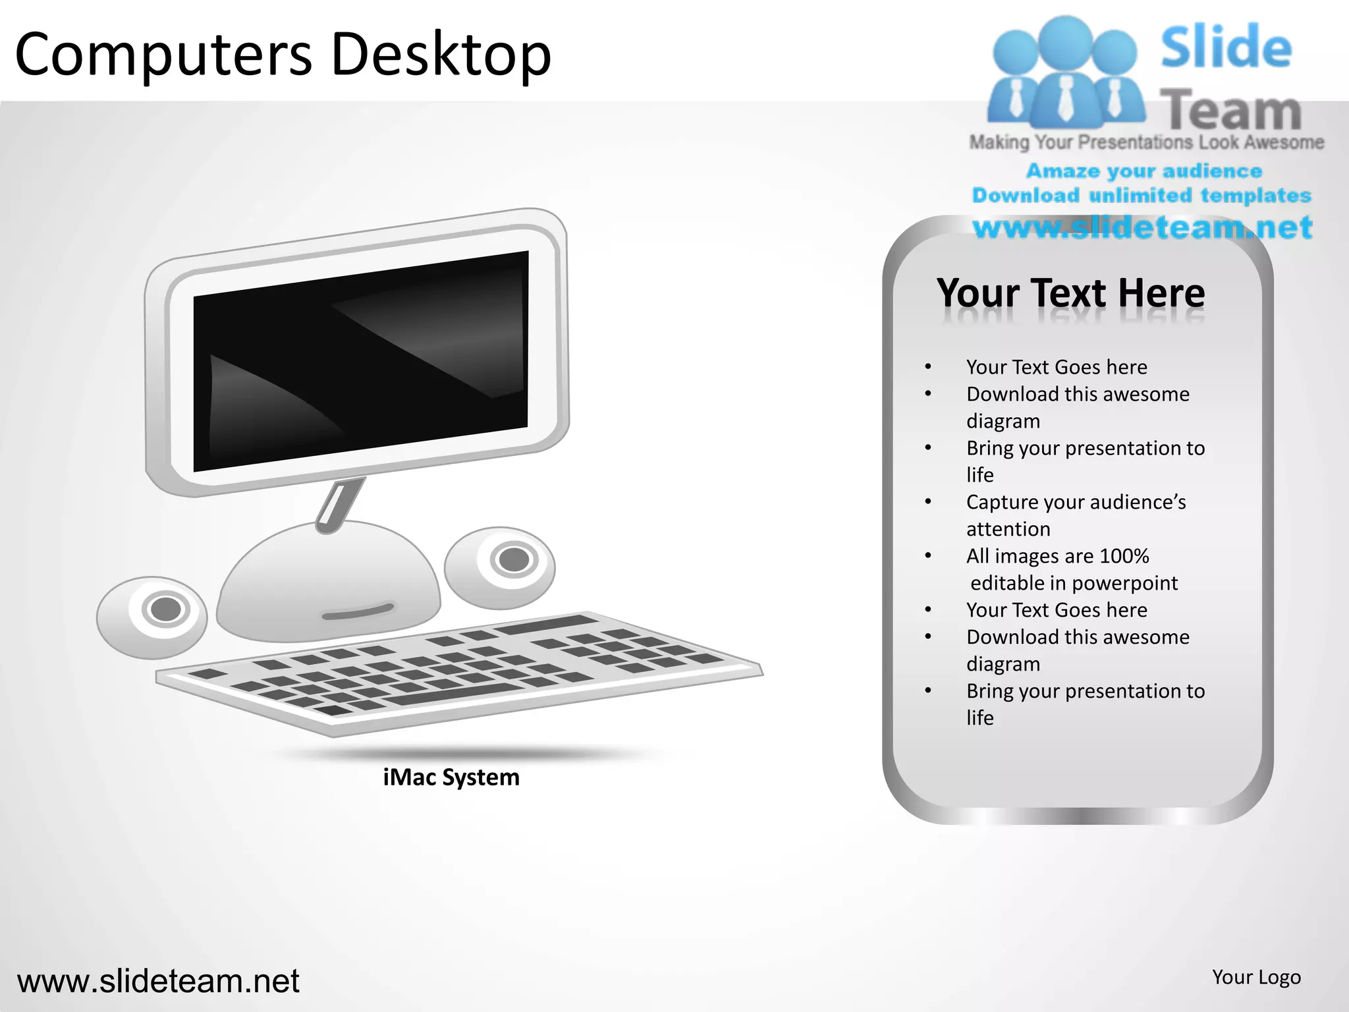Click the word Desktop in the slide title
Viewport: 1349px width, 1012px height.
(441, 54)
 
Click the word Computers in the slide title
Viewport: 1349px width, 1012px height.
(163, 54)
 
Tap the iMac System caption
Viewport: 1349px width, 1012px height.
(451, 777)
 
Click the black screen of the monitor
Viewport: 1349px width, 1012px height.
(361, 361)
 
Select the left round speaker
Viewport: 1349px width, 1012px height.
(152, 617)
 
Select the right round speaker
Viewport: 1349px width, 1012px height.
(500, 567)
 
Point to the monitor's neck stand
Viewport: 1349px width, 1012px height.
(340, 504)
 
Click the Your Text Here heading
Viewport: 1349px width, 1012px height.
(1071, 293)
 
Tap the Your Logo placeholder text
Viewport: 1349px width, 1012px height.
(1256, 977)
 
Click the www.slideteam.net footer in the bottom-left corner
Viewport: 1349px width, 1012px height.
(158, 981)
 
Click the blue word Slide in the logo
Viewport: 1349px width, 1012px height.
(1226, 47)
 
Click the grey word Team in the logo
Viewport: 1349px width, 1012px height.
(1230, 110)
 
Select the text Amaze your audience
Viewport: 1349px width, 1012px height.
(1144, 171)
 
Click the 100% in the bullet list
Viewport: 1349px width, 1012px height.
(1124, 556)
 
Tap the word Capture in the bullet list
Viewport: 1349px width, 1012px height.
(1002, 502)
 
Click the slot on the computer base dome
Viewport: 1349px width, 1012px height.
(358, 613)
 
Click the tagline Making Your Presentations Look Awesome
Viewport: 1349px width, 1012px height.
(1146, 142)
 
